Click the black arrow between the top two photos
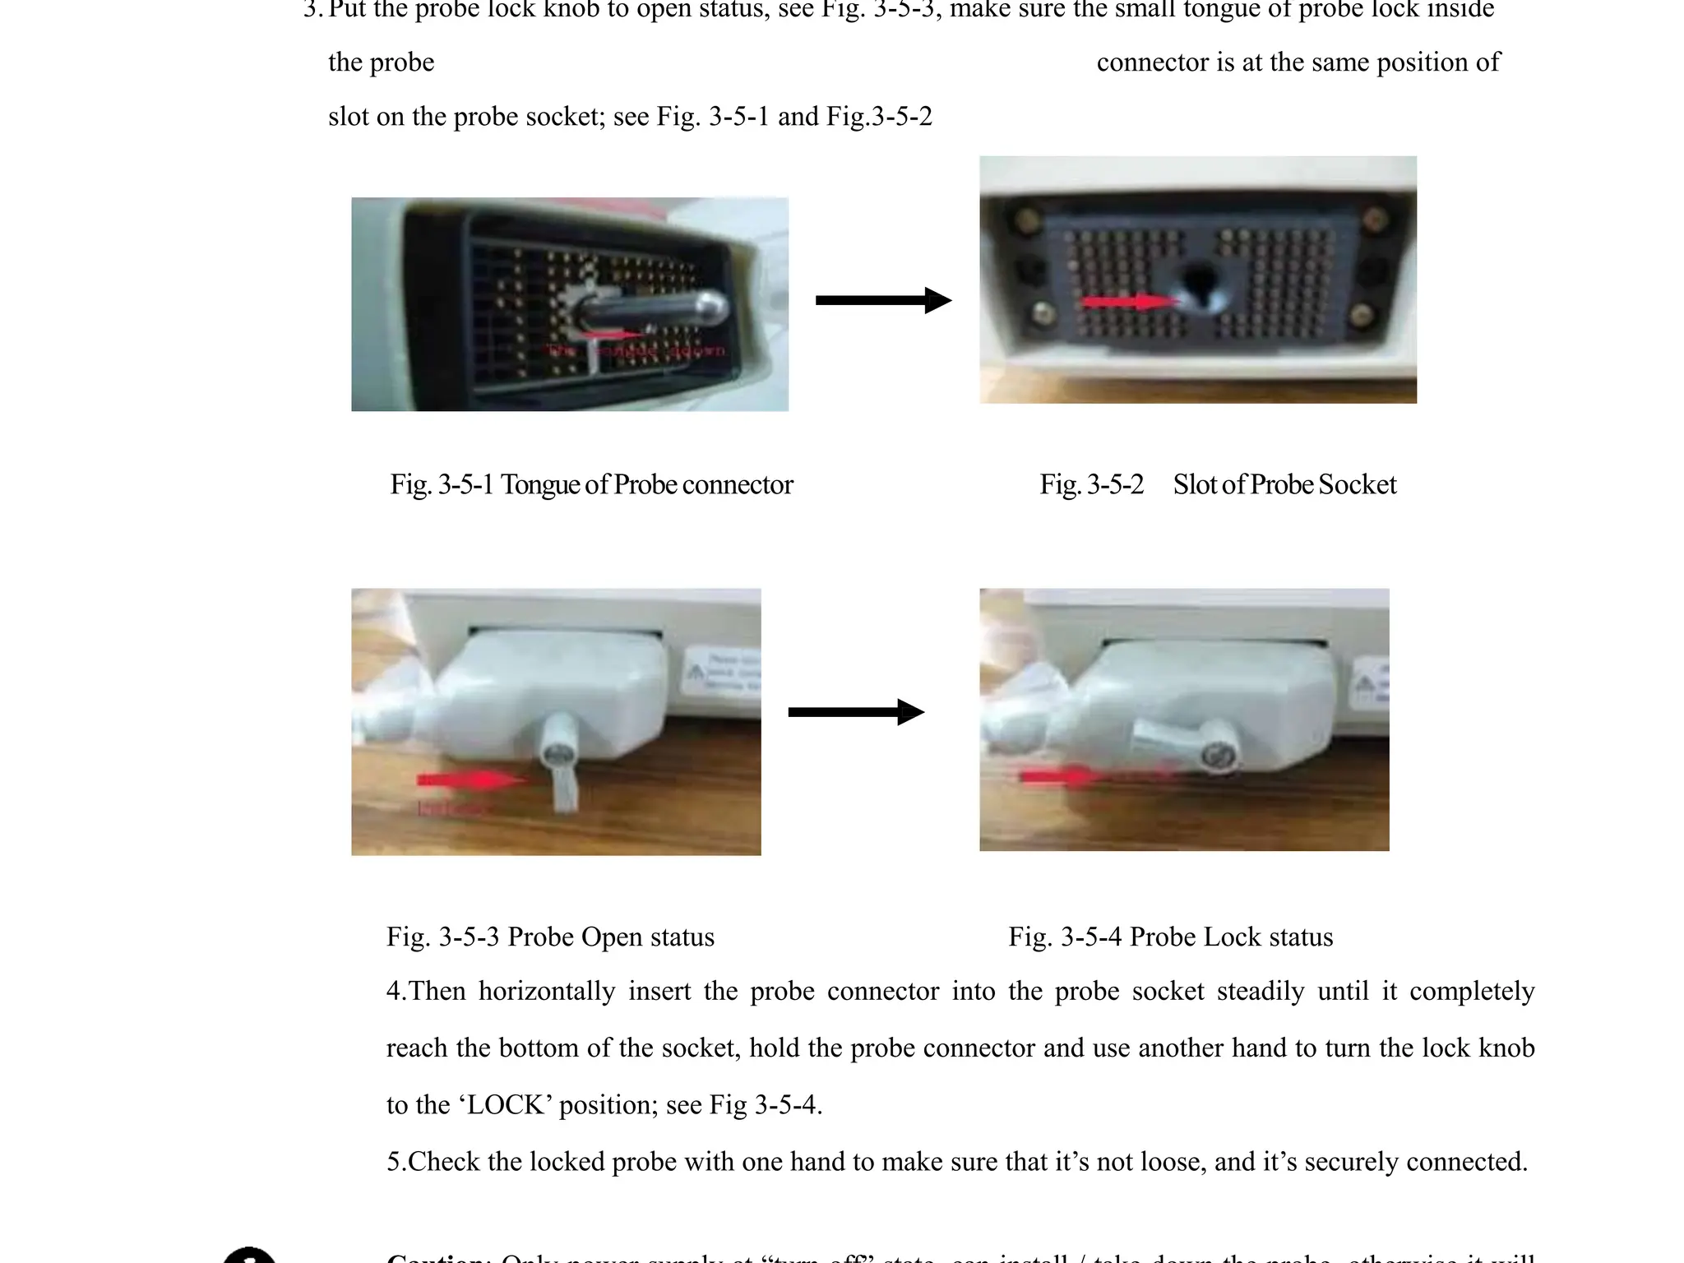click(x=882, y=300)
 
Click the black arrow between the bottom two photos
click(x=855, y=712)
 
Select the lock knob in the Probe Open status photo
click(x=559, y=765)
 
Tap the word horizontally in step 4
click(x=547, y=992)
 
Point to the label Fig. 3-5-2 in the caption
click(x=1091, y=485)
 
